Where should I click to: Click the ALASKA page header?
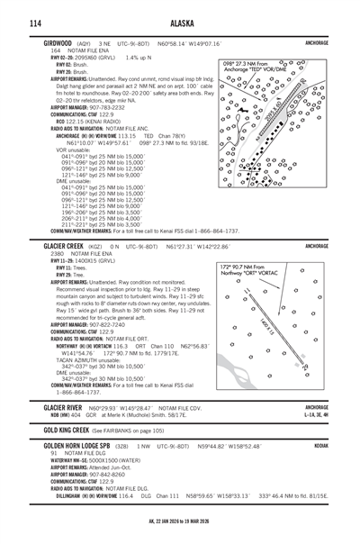tap(180, 23)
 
